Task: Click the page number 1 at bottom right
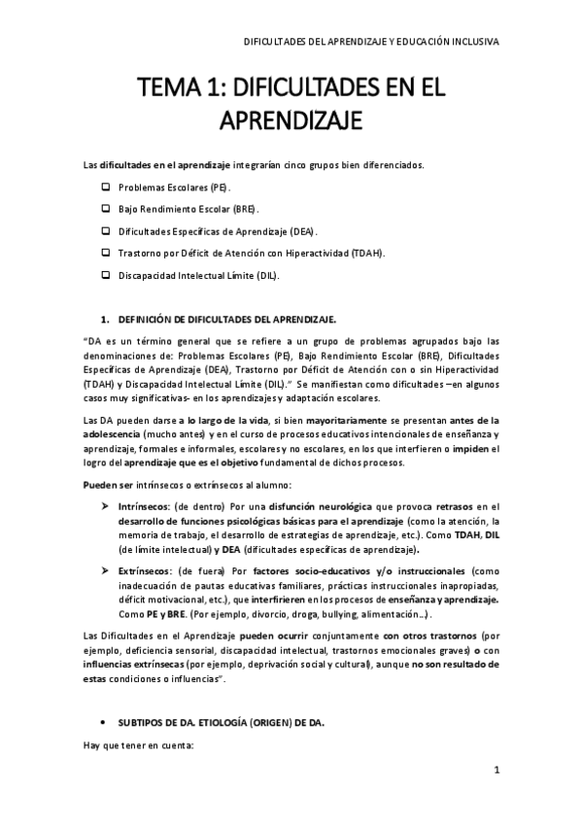pos(496,771)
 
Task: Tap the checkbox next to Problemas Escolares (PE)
pos(106,186)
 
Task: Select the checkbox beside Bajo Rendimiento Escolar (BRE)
pos(106,208)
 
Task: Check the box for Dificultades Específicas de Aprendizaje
pos(106,230)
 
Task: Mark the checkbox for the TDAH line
pos(106,253)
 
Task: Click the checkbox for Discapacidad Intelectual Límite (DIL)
pos(106,275)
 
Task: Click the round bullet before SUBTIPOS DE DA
pos(104,723)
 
